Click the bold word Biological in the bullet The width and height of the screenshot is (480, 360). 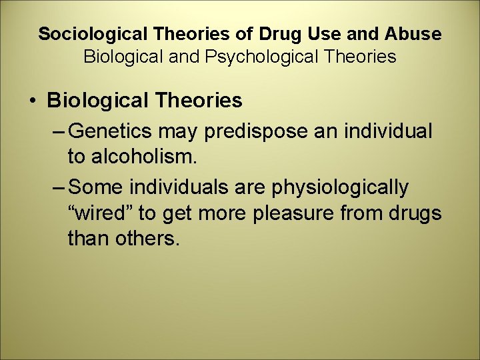pyautogui.click(x=92, y=101)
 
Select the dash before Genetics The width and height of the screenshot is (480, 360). pyautogui.click(x=58, y=131)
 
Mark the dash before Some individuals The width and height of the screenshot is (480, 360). pyautogui.click(x=58, y=188)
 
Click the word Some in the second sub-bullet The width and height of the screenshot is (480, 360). pyautogui.click(x=94, y=188)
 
